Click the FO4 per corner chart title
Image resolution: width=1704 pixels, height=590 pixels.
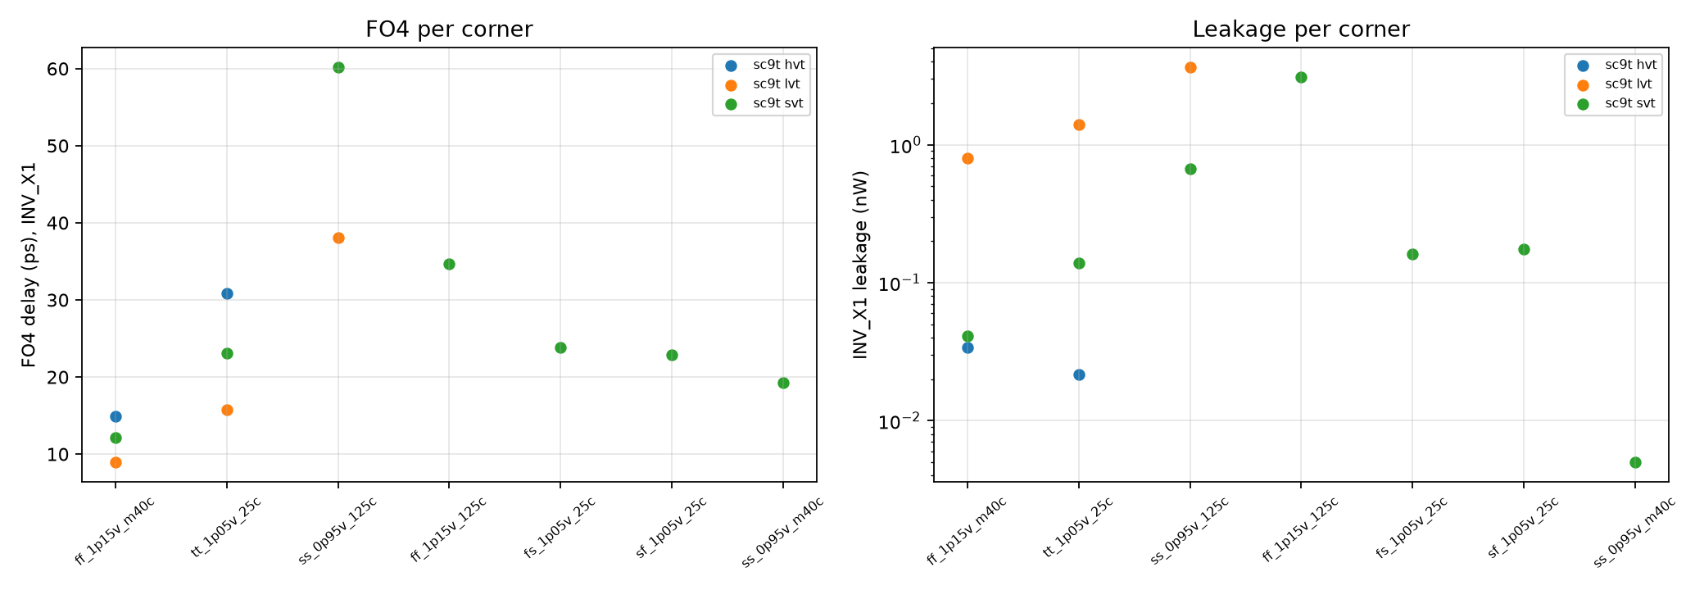pos(449,29)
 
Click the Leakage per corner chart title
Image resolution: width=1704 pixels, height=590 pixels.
pos(1301,29)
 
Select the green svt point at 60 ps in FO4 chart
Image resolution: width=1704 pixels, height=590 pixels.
pos(338,67)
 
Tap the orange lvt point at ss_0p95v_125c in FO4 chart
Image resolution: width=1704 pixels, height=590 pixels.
pos(338,238)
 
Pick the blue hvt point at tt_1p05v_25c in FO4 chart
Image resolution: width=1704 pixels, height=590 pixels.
pos(227,293)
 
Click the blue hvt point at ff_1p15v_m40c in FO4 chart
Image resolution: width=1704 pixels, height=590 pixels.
pos(116,416)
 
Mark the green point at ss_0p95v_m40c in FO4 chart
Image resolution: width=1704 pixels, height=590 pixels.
pos(783,383)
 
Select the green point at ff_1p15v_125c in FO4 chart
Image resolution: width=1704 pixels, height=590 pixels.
pos(449,264)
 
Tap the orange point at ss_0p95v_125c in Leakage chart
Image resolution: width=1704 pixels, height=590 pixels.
pos(1190,67)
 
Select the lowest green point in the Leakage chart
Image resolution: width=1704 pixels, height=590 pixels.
pos(1635,462)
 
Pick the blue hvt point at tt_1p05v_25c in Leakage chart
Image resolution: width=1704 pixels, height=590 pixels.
pos(1079,374)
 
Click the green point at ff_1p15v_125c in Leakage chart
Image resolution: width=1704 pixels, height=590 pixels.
pos(1301,77)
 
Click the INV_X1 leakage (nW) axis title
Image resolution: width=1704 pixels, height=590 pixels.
pos(860,265)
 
